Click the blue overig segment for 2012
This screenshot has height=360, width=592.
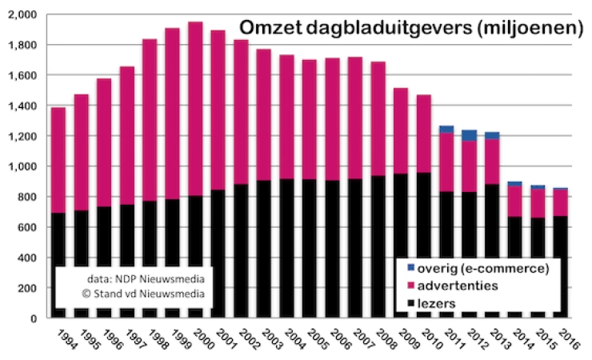(x=469, y=135)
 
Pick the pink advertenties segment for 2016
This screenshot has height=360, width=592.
(x=560, y=202)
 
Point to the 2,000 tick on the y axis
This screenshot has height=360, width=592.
(x=22, y=14)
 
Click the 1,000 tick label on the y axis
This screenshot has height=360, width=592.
(x=22, y=166)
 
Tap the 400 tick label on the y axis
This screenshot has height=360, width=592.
(x=27, y=258)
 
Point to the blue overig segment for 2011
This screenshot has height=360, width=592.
(x=446, y=129)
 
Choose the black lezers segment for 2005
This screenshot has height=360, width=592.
(x=309, y=248)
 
